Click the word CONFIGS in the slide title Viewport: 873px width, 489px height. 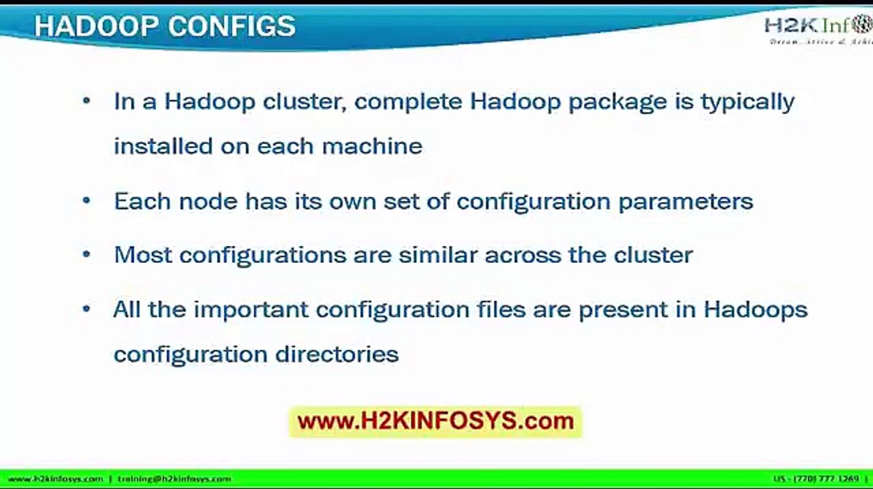(231, 26)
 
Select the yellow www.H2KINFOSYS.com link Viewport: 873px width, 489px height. (435, 421)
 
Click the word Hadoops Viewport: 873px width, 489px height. (756, 310)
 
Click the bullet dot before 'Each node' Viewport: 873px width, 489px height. (86, 201)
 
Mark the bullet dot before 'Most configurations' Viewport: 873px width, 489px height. (86, 255)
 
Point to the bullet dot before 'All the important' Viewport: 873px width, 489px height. (86, 309)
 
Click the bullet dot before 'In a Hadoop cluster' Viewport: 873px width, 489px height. (86, 101)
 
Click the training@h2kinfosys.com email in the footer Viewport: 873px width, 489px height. (174, 479)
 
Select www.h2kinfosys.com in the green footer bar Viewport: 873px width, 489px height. (55, 479)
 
